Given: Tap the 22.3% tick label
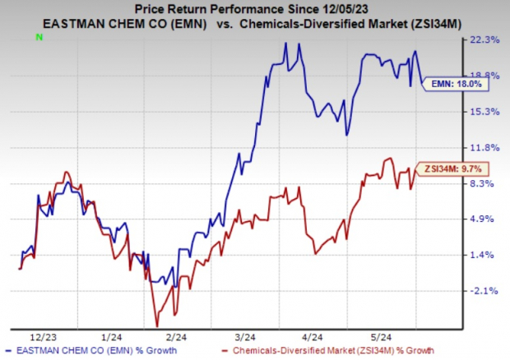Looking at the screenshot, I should pos(484,39).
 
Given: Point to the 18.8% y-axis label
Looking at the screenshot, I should pos(484,76).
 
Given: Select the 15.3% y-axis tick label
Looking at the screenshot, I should pos(484,112).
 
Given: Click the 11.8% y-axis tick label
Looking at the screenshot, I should pos(484,148).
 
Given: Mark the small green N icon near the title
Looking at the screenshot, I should pos(39,38).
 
